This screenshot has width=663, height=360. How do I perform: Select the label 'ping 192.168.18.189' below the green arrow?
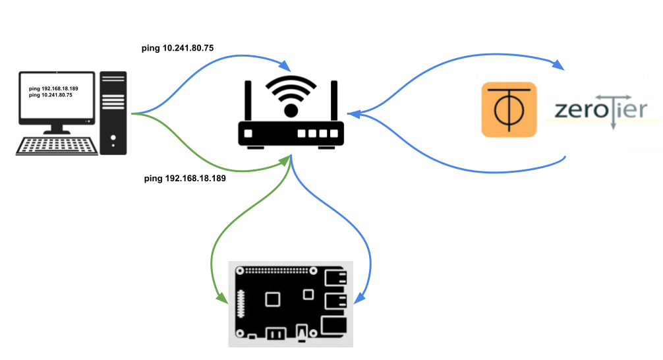pos(185,178)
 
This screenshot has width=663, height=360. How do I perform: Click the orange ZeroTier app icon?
pos(509,109)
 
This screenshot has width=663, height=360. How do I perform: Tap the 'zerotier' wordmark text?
pos(600,110)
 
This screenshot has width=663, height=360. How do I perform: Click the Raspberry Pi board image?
pos(291,303)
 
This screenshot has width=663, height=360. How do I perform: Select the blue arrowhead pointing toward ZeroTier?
pos(559,65)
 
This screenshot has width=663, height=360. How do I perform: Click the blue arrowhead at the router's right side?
pos(353,115)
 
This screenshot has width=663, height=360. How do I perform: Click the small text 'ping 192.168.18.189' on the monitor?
pos(53,88)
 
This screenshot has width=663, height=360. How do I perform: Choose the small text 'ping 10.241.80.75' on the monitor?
pos(51,95)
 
